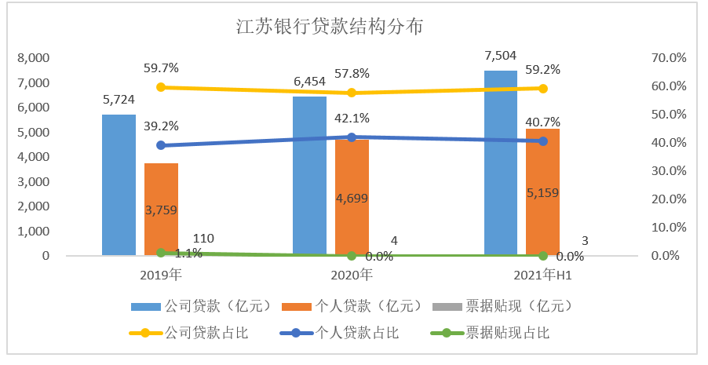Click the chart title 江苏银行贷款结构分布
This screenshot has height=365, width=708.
point(330,27)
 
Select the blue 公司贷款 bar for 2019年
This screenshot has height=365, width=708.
point(119,184)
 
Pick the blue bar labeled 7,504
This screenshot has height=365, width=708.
point(501,162)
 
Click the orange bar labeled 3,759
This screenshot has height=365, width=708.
point(161,210)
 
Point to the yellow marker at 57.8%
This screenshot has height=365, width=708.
point(352,93)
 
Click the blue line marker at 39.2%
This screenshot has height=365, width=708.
point(161,145)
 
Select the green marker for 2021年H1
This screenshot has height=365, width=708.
point(542,255)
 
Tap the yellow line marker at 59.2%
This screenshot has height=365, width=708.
point(542,89)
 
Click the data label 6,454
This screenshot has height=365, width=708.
point(309,82)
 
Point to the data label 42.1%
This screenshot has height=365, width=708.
point(352,119)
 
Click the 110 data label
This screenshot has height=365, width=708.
point(203,239)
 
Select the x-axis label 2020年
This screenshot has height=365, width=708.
point(352,276)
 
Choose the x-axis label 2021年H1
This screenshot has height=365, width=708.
point(543,276)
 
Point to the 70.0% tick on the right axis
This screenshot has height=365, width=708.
point(669,58)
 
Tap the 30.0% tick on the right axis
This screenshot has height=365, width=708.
point(669,171)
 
